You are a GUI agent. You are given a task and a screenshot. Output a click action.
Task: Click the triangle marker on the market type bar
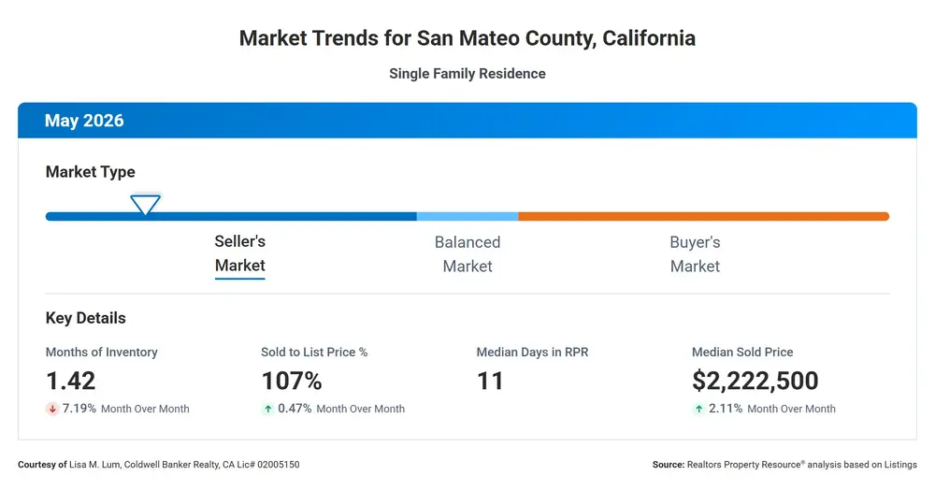[x=146, y=203]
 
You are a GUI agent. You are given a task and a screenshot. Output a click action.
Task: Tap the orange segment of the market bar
[x=704, y=216]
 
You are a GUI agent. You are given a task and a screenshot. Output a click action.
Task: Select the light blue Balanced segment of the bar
[x=467, y=216]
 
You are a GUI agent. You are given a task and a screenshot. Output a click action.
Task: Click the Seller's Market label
[x=239, y=253]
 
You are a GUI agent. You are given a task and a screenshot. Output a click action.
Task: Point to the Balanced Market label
[x=467, y=254]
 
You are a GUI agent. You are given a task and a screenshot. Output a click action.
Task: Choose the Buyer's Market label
[x=695, y=254]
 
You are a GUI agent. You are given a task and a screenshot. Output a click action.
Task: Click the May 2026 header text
[x=84, y=121]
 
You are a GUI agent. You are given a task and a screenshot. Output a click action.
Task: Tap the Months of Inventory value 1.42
[x=70, y=381]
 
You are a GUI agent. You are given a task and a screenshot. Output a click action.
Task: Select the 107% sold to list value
[x=292, y=381]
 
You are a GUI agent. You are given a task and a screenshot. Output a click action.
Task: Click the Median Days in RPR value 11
[x=490, y=381]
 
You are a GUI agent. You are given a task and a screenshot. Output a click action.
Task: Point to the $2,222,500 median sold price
[x=755, y=381]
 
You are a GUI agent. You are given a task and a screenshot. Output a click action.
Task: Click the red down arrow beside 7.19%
[x=52, y=409]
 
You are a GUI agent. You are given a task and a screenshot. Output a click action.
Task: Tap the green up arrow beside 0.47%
[x=267, y=409]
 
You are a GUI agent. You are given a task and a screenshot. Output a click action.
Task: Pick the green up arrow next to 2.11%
[x=698, y=409]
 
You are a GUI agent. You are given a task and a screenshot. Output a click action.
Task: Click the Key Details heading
[x=85, y=318]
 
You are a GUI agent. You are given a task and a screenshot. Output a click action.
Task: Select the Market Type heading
[x=90, y=172]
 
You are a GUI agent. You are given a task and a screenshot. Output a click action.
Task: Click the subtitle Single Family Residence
[x=467, y=73]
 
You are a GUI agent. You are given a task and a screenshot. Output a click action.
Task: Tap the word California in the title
[x=649, y=38]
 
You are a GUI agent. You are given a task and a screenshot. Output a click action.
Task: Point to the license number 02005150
[x=279, y=465]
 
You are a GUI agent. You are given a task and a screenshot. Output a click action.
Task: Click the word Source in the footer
[x=668, y=465]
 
